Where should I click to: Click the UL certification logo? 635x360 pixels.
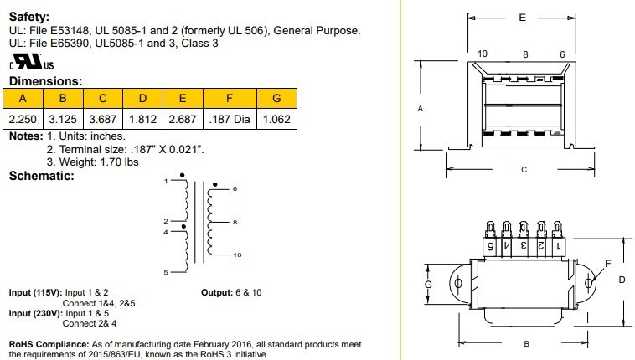(32, 62)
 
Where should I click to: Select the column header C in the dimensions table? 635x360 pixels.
(103, 99)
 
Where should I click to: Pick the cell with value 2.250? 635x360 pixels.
(23, 119)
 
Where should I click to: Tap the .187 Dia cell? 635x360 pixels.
(230, 119)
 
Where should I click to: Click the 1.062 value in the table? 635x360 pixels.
(276, 119)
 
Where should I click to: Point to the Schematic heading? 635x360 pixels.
(42, 176)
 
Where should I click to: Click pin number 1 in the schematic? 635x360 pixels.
(166, 181)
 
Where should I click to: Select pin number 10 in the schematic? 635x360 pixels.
(237, 255)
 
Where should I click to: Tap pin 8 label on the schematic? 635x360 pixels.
(235, 223)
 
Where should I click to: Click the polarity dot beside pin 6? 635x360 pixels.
(215, 185)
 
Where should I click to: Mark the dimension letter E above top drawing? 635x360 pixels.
(523, 18)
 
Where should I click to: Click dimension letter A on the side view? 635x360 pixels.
(421, 109)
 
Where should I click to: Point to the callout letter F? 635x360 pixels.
(608, 264)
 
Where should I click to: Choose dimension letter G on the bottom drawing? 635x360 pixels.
(428, 285)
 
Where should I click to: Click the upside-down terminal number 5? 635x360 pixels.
(489, 246)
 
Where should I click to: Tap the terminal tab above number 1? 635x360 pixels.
(558, 229)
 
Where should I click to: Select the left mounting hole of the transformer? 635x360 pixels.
(458, 283)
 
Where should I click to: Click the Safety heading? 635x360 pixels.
(29, 17)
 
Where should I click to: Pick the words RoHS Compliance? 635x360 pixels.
(49, 344)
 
